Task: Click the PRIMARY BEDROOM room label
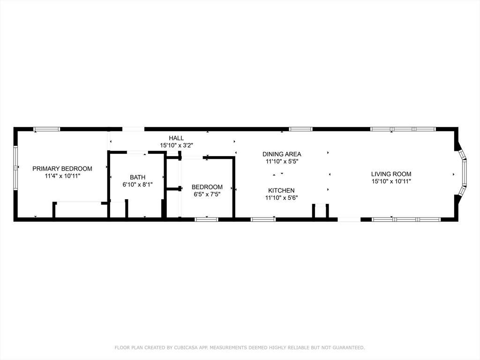pos(62,169)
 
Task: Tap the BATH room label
pos(137,177)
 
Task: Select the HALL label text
pos(176,138)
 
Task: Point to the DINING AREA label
pos(281,154)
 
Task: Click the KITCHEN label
pos(281,190)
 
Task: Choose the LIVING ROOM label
pos(391,174)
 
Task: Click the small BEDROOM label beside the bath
pos(207,187)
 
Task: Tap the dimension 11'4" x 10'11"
pos(62,176)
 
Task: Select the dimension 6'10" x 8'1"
pos(137,185)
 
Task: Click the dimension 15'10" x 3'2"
pos(176,145)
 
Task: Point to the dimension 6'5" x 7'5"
pos(207,194)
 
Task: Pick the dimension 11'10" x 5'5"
pos(281,161)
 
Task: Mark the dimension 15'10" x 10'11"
pos(391,181)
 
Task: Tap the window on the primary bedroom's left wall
pos(15,167)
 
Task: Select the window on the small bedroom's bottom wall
pos(206,219)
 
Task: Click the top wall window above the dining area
pos(300,129)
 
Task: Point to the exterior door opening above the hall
pos(133,129)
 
